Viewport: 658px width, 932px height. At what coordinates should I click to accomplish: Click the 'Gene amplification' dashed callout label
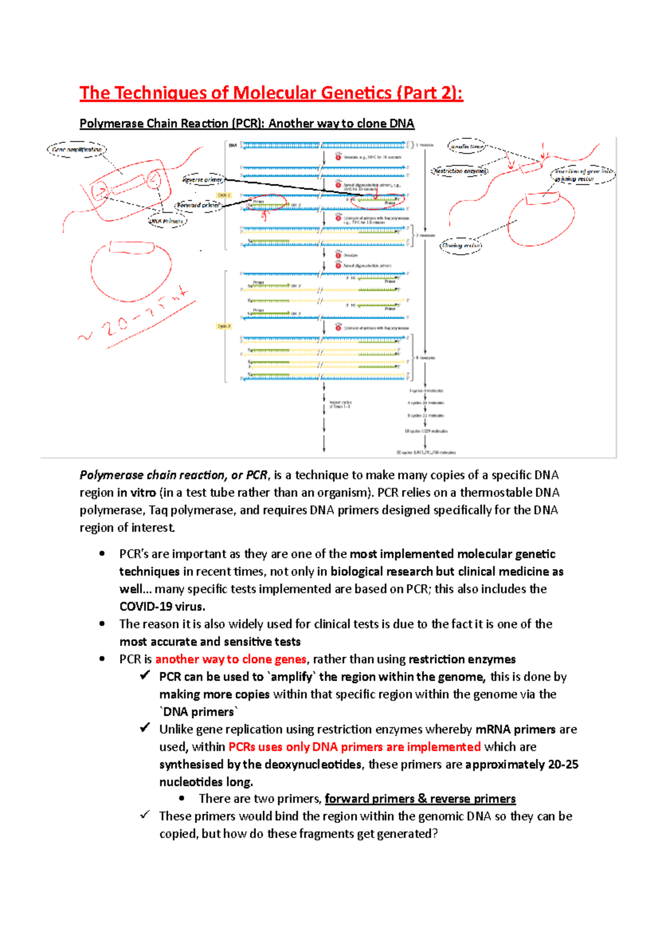77,149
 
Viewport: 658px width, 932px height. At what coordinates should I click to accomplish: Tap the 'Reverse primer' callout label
202,179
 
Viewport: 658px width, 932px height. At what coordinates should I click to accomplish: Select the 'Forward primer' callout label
198,205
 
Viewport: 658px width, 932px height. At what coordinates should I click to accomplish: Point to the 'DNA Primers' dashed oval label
167,221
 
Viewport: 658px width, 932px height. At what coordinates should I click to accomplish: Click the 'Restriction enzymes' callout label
460,171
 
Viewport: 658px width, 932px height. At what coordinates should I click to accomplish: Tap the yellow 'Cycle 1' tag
224,195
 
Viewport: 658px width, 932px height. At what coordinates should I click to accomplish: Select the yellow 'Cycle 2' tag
224,326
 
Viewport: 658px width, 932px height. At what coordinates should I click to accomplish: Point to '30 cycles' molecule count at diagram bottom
426,453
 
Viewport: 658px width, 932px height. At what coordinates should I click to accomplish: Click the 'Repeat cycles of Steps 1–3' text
340,405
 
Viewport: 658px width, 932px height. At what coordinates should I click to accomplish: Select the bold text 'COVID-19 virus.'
162,607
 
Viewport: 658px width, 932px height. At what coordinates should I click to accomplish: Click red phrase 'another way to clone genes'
231,659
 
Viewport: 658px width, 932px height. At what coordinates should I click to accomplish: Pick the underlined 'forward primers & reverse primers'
420,799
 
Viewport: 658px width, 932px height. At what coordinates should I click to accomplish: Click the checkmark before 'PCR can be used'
145,676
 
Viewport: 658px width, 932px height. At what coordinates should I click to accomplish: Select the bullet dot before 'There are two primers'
182,799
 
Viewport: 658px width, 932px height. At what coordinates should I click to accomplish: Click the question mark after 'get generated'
435,834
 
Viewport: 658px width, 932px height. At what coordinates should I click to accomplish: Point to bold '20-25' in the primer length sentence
563,765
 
